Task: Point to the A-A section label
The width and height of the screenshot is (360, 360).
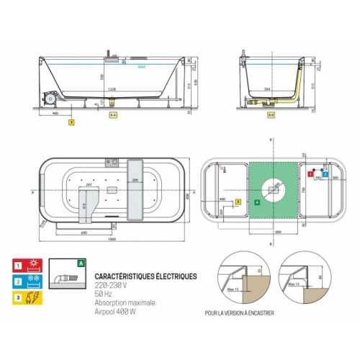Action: (x=112, y=114)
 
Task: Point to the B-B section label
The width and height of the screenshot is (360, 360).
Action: (x=271, y=114)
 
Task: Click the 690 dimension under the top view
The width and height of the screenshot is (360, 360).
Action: (x=85, y=234)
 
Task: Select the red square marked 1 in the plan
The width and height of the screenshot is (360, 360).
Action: (x=310, y=174)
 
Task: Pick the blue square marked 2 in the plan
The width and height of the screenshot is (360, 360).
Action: (x=325, y=174)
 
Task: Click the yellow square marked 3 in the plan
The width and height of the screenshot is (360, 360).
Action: (x=238, y=203)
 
